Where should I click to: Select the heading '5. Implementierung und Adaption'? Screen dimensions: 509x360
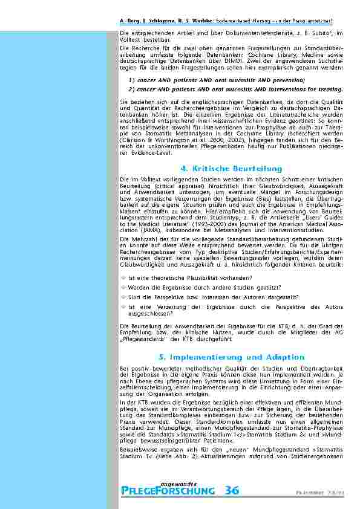231,357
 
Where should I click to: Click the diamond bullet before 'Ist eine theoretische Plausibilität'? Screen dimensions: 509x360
123,277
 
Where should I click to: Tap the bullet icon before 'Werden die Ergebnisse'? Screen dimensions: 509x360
123,287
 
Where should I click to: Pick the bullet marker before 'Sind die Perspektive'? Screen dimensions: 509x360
123,297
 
